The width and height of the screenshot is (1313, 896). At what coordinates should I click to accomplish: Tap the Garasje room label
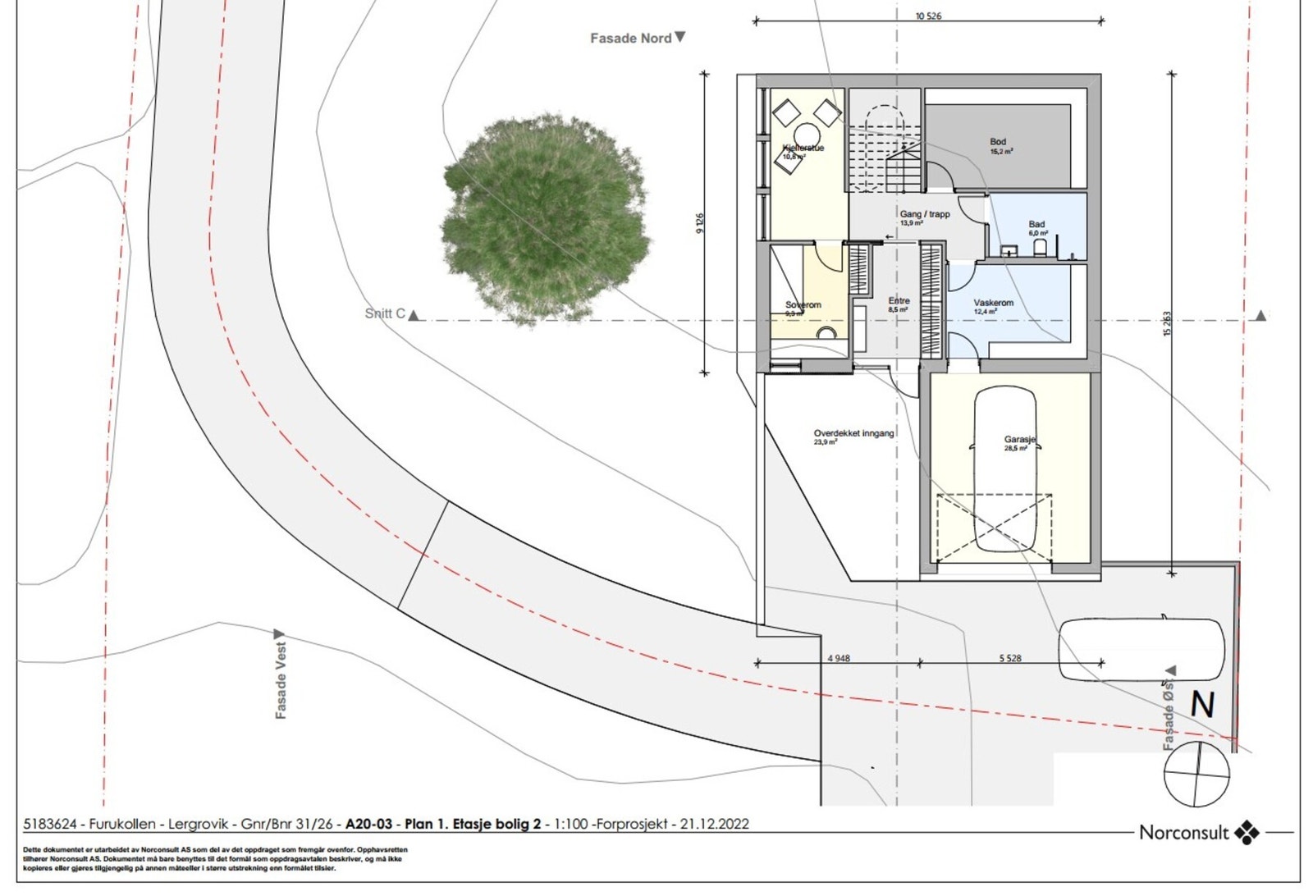point(1019,440)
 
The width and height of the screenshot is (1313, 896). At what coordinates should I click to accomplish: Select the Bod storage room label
point(998,142)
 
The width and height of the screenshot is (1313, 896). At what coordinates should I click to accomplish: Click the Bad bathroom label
point(1036,224)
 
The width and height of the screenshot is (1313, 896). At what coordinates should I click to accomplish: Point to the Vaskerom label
point(993,303)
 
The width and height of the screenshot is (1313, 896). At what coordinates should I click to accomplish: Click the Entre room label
point(899,301)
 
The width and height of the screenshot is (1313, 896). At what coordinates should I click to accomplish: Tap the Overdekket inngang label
point(853,433)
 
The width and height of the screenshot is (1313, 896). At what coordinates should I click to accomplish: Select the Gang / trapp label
point(924,214)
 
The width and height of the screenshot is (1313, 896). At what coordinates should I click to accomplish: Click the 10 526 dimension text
point(928,16)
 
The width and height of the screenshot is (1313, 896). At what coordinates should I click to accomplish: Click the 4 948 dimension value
point(838,658)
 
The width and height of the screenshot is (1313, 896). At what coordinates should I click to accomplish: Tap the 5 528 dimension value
point(1010,658)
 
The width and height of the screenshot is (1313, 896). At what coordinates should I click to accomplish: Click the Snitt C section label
point(385,313)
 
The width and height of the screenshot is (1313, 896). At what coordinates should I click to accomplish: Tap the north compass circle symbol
point(1196,774)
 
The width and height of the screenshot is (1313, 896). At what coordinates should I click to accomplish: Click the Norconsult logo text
point(1183,833)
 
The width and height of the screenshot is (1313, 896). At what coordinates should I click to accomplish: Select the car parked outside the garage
point(1141,649)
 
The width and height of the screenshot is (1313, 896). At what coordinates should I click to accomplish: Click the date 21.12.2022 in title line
point(714,824)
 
